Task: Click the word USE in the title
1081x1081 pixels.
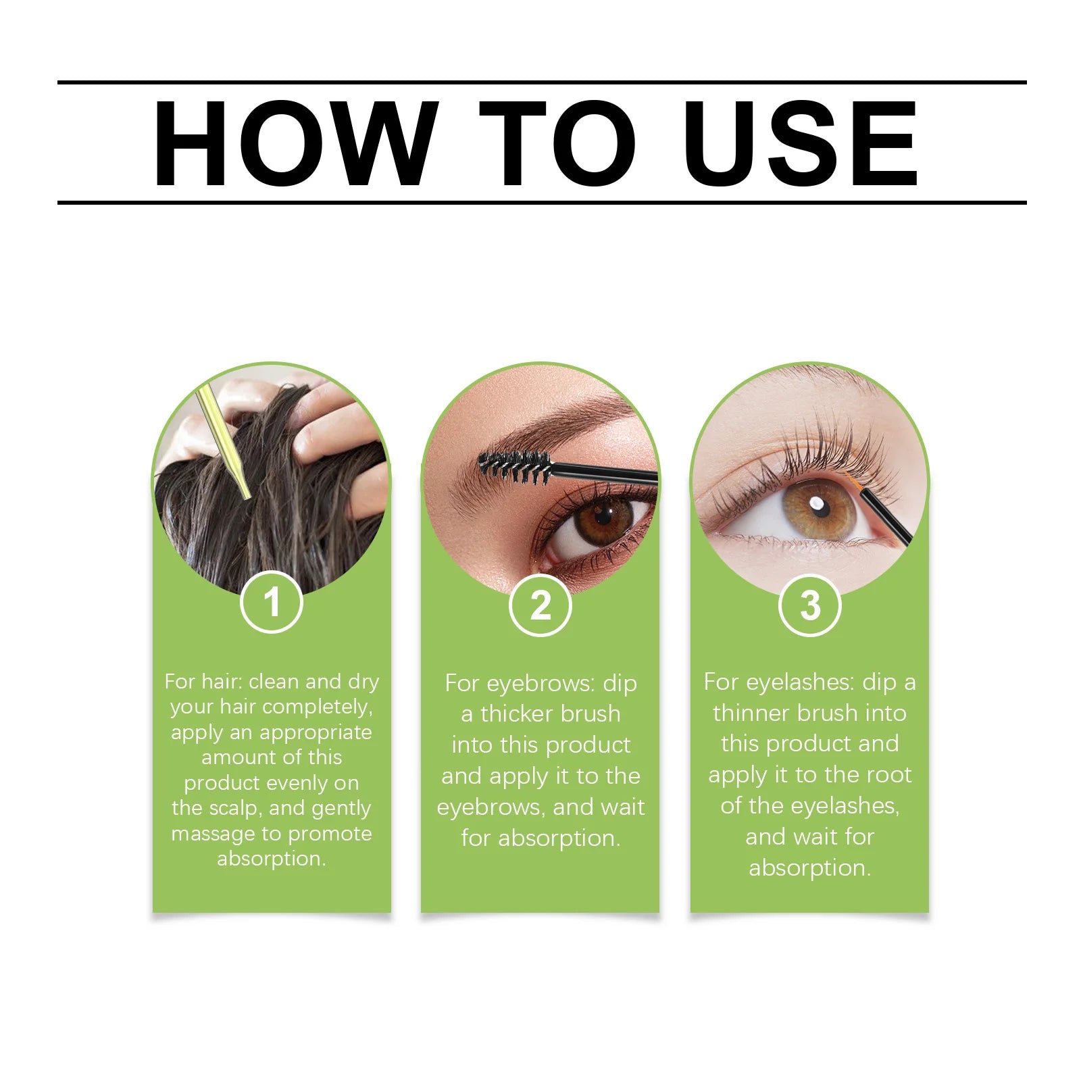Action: (800, 143)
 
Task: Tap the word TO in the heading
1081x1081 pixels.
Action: (557, 143)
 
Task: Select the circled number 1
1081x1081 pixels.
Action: (272, 602)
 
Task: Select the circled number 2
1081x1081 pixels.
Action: (540, 605)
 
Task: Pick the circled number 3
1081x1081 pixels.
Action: (809, 605)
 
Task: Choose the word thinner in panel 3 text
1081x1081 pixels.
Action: (751, 713)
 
